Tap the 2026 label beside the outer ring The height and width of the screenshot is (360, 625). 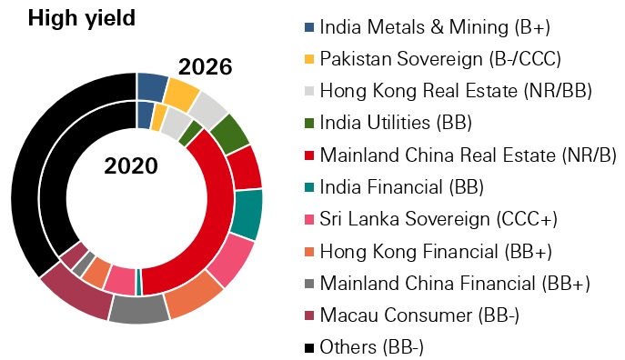pos(205,66)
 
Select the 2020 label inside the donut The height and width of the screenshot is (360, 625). pos(129,166)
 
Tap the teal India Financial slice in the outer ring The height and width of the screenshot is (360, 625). pos(247,214)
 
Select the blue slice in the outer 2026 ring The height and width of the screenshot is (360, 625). pos(151,87)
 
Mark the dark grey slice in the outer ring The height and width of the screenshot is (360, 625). pos(138,309)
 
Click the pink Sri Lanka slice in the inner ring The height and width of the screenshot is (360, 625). pos(119,279)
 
